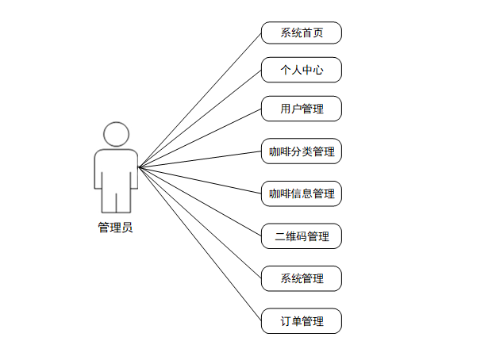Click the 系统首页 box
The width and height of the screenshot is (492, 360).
(302, 33)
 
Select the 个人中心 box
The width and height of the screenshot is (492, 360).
(302, 70)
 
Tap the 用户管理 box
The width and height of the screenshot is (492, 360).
(302, 109)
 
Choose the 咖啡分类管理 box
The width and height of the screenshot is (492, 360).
(302, 151)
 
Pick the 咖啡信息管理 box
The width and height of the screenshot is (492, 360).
(302, 193)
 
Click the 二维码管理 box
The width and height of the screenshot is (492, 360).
(302, 236)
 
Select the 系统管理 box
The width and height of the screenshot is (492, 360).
(302, 278)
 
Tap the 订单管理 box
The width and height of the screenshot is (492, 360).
(302, 321)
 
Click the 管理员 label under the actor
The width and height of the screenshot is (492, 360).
(115, 228)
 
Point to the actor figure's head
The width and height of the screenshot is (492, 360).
(116, 134)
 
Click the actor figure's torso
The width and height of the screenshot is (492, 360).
(116, 167)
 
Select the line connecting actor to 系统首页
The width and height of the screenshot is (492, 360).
(200, 100)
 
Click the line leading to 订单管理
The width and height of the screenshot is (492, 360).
(200, 244)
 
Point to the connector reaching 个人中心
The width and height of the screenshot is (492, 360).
(200, 118)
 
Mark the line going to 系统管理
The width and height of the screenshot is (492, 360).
(200, 223)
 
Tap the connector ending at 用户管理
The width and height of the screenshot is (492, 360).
(200, 138)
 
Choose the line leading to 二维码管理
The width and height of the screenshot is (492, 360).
(200, 201)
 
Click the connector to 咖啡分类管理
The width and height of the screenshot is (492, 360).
(200, 159)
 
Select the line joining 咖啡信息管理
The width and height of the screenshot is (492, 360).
(200, 180)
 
